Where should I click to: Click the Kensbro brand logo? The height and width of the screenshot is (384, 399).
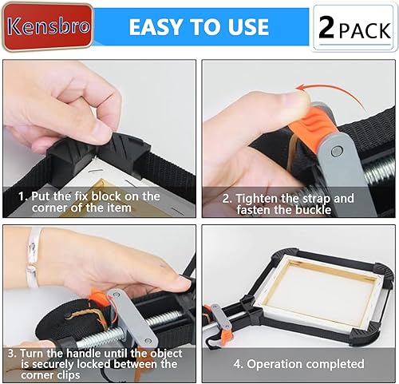pos(48,26)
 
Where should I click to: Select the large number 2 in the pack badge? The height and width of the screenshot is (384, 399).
pos(326,28)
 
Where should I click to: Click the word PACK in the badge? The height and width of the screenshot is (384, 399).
pos(365,31)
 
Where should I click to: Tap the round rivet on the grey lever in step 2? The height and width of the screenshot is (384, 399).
pos(336,151)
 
